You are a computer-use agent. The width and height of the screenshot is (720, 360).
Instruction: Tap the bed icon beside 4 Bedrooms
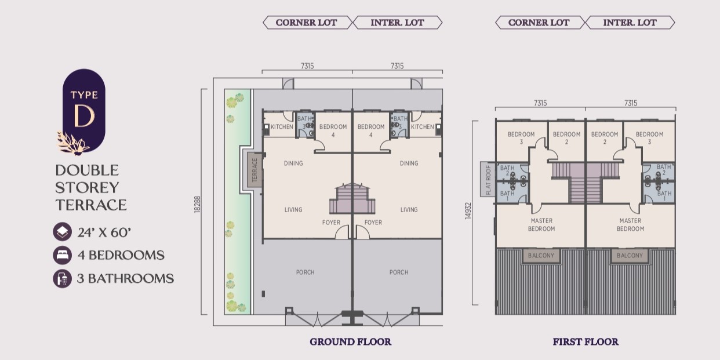click(63, 255)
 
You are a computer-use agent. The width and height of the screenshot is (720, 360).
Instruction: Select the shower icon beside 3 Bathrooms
click(63, 278)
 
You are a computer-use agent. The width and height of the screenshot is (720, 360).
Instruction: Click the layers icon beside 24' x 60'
click(63, 232)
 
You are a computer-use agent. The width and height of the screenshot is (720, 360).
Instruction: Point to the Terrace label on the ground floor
click(254, 170)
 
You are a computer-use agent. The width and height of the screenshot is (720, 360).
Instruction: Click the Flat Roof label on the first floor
click(488, 180)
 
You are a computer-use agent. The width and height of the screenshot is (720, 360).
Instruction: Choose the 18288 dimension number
click(197, 205)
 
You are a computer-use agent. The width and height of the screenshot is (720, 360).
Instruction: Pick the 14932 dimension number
click(468, 211)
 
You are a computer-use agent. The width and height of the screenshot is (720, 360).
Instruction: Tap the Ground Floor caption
click(350, 341)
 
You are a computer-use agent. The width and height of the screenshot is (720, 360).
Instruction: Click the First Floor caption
click(586, 341)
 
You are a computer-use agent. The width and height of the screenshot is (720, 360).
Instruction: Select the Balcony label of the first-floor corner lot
click(541, 256)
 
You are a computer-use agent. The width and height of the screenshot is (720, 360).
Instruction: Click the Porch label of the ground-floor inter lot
click(399, 272)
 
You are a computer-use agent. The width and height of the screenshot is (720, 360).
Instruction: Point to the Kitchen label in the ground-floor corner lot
click(282, 127)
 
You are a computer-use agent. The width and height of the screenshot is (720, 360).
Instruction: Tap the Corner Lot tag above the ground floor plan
click(306, 23)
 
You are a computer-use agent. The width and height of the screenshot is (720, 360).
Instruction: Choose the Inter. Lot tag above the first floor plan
click(630, 23)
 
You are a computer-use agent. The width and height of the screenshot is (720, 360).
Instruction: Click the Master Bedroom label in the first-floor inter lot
click(630, 225)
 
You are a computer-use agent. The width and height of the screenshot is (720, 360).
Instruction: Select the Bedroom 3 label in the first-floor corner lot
click(521, 138)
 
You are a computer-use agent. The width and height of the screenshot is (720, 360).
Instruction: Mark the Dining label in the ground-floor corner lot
click(293, 163)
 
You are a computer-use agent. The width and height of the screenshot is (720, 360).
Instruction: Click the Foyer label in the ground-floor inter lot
click(373, 223)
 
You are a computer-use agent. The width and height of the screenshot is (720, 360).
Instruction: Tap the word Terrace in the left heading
click(91, 205)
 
